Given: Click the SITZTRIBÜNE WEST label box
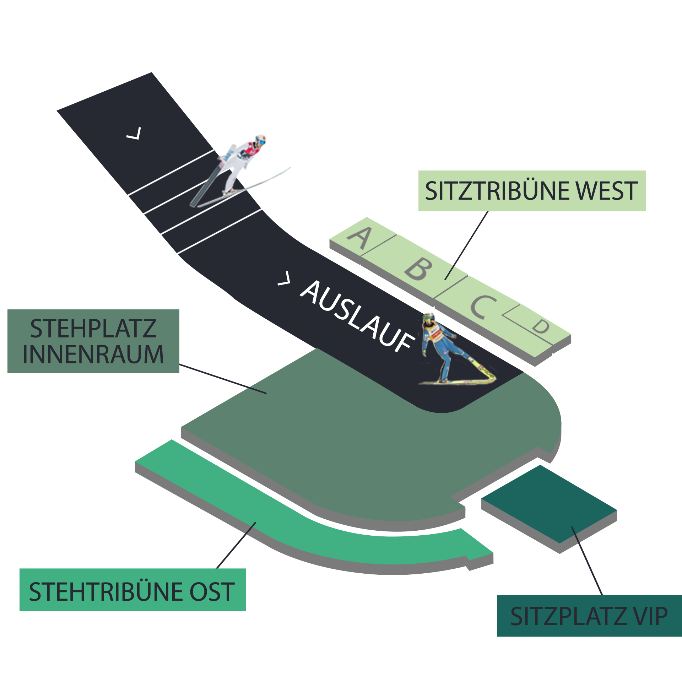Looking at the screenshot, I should click(x=532, y=191).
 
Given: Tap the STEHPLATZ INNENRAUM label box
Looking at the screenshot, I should click(x=93, y=341).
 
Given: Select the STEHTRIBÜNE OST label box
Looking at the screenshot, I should click(x=132, y=592).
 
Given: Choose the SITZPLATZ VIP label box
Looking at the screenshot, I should click(x=589, y=616).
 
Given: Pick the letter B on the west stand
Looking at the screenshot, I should click(x=419, y=269).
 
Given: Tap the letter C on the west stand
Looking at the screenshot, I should click(x=483, y=306).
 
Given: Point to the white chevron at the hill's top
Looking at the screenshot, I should click(x=134, y=134).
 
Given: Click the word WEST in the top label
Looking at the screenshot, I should click(x=606, y=191).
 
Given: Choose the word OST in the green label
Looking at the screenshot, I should click(x=212, y=592).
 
